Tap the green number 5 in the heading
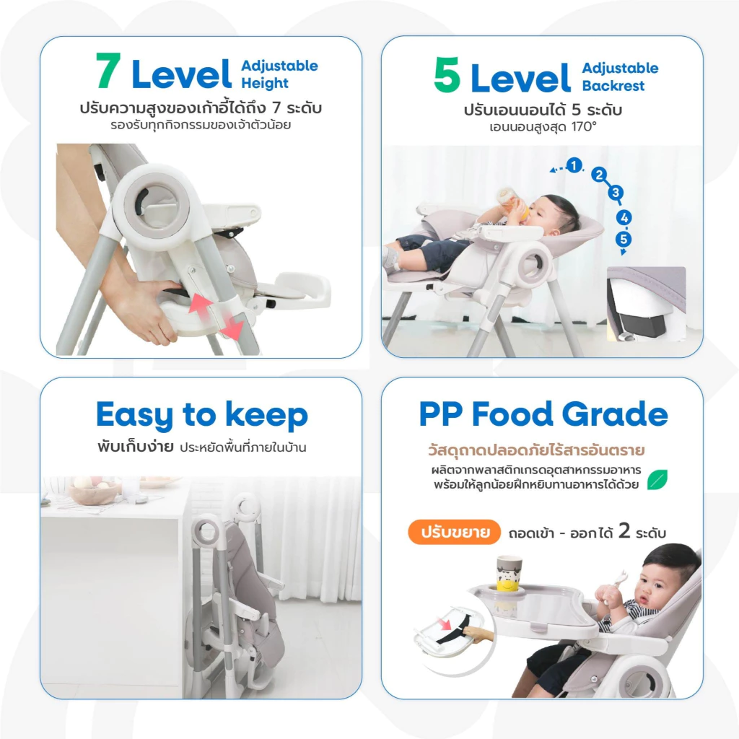pos(447,75)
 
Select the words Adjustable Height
pos(279,74)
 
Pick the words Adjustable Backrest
pos(620,76)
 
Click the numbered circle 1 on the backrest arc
pos(574,165)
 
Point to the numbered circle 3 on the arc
pos(615,192)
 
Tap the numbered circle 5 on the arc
pos(624,239)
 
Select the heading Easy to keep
pos(202,416)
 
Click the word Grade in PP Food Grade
pos(615,414)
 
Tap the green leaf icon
pos(657,479)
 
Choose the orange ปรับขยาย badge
pos(454,532)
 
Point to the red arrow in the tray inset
pos(444,624)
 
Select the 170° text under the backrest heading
pos(583,127)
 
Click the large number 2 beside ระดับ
pos(624,531)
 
